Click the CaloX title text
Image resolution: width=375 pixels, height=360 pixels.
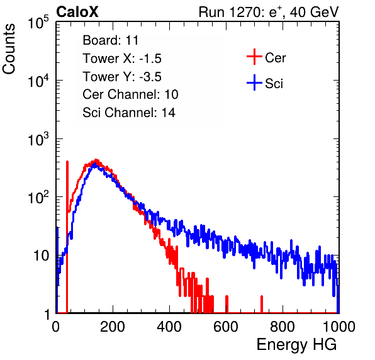click(x=77, y=12)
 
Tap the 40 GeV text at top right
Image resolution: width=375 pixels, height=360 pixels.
click(x=314, y=12)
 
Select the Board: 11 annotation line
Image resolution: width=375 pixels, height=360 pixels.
click(x=111, y=40)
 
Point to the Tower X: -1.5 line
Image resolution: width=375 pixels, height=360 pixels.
click(x=122, y=59)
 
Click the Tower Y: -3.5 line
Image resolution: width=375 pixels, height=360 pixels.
click(x=122, y=77)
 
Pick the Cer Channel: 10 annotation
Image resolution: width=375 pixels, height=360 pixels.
click(x=130, y=94)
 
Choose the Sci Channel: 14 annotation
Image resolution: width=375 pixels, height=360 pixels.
click(x=129, y=113)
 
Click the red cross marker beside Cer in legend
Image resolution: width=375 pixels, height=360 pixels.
click(x=254, y=57)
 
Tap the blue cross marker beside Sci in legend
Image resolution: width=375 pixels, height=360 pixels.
click(x=254, y=82)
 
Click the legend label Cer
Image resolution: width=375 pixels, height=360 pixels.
click(x=275, y=58)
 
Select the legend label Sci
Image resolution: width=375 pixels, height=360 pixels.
click(x=274, y=84)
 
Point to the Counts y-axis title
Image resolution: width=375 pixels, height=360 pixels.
click(x=9, y=49)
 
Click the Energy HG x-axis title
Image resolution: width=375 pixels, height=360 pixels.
click(x=296, y=344)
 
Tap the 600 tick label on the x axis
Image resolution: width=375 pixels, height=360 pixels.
click(x=226, y=327)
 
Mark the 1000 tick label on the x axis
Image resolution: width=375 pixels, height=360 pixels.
click(x=339, y=327)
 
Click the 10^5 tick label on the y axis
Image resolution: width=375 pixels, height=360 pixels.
click(x=38, y=22)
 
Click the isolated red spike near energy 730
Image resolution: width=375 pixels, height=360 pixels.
click(x=262, y=304)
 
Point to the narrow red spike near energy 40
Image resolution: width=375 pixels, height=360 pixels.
click(x=67, y=237)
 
